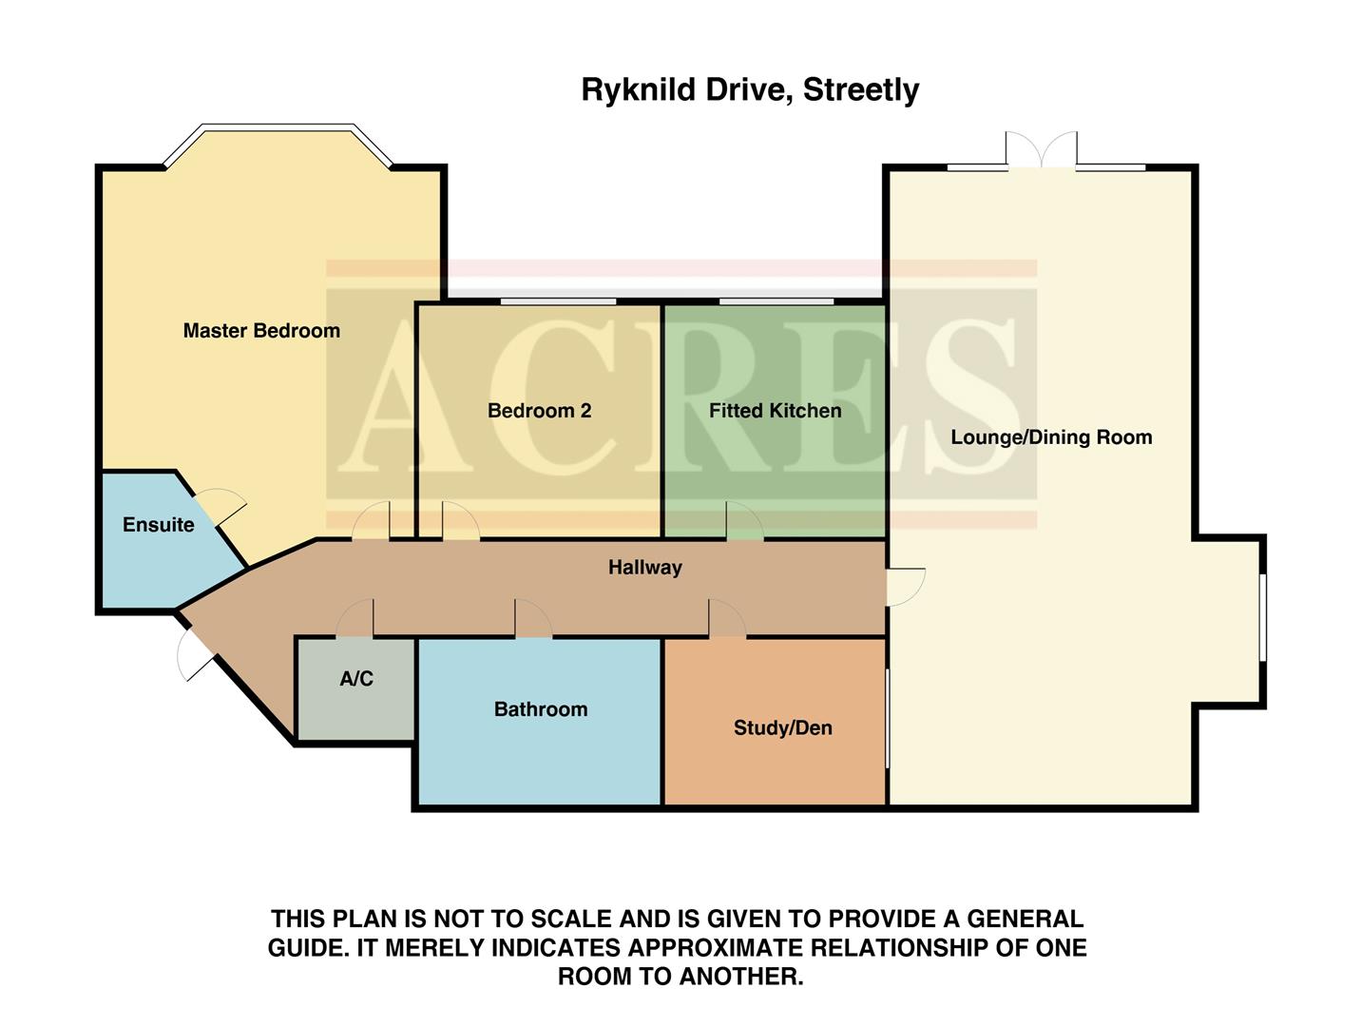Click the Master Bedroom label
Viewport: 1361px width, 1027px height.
point(261,331)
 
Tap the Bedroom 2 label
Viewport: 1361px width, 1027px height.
point(539,411)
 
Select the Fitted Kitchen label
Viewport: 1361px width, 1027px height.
point(775,411)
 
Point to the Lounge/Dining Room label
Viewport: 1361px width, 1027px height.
point(1051,437)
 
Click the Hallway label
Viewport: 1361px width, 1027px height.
point(645,568)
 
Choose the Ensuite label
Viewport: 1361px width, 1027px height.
point(158,525)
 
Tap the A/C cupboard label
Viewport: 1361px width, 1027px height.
point(356,679)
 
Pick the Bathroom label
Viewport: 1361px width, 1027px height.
point(541,709)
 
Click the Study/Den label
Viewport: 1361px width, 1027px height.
point(782,728)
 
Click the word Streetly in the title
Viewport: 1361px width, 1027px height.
point(861,90)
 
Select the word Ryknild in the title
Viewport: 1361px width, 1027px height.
point(638,90)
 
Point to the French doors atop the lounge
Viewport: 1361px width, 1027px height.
point(1042,152)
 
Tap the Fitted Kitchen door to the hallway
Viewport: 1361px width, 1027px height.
point(744,522)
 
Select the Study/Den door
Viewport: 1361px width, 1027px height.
point(727,619)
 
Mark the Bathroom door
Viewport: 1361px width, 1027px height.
point(533,619)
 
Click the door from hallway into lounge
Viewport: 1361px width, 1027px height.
point(905,586)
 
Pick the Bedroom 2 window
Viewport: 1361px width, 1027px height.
point(559,301)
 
